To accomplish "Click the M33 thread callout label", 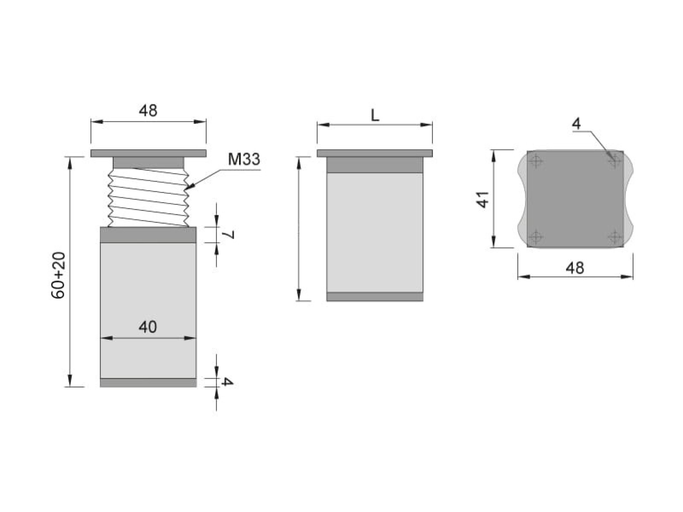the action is click(244, 159).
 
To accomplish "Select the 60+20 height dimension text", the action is click(58, 275).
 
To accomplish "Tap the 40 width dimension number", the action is click(148, 327).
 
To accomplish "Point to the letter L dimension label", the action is click(375, 116).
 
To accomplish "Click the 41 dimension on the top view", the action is click(483, 199).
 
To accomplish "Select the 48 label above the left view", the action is click(148, 111).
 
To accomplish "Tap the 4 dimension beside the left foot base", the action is click(227, 382).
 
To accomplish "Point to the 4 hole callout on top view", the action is click(576, 123).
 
